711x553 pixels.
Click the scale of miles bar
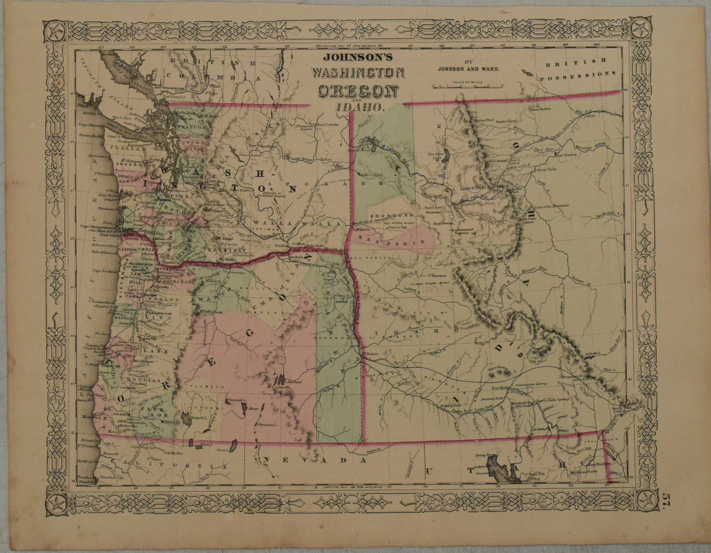click(467, 86)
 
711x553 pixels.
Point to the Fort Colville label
click(328, 125)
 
